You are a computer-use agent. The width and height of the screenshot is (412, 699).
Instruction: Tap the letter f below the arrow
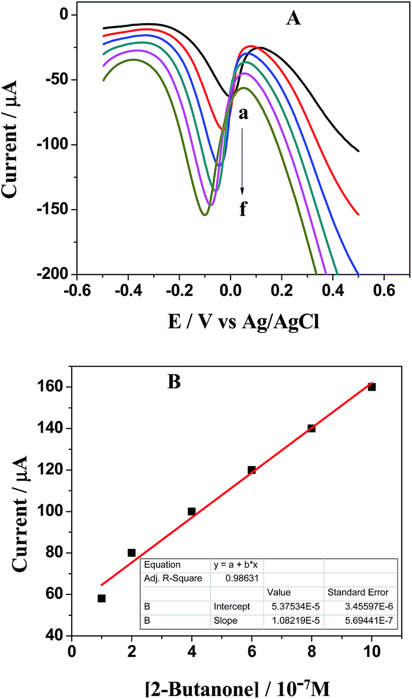tap(243, 209)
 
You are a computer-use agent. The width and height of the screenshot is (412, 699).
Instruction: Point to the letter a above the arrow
tap(243, 114)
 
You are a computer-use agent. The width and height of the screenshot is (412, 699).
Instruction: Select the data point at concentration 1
tap(102, 598)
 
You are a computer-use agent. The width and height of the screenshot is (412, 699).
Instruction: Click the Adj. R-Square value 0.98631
tap(230, 578)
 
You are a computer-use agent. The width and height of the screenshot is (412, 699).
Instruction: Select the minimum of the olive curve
tap(205, 215)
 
